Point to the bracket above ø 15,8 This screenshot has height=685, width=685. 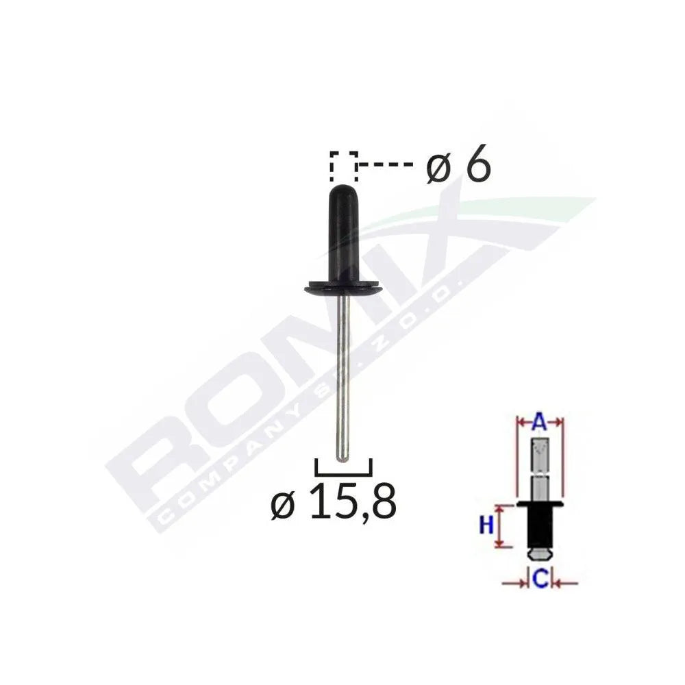pyautogui.click(x=342, y=467)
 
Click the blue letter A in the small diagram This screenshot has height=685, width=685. pyautogui.click(x=538, y=423)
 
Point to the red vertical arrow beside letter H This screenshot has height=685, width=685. pyautogui.click(x=502, y=526)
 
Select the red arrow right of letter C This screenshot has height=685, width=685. pyautogui.click(x=566, y=583)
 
